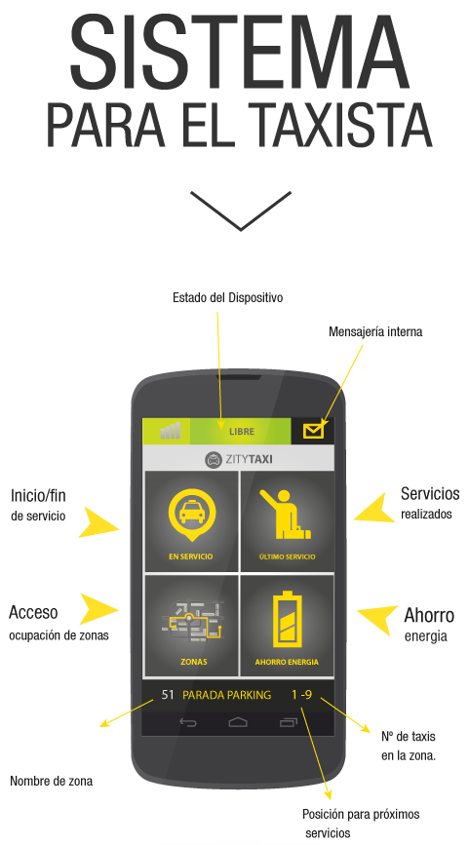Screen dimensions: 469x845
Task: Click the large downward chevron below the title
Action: tap(241, 211)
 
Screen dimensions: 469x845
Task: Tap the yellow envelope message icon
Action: tap(314, 431)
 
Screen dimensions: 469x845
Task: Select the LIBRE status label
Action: tap(241, 432)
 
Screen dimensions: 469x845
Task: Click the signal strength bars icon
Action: tap(171, 431)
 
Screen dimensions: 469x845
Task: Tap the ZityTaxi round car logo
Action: tap(214, 460)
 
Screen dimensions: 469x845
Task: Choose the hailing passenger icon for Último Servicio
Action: tap(285, 515)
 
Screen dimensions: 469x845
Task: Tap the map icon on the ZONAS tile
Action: tap(193, 620)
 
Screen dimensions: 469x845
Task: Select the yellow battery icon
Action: tap(287, 619)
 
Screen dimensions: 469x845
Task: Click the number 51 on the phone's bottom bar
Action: tap(168, 695)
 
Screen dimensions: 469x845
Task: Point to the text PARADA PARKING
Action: tap(227, 695)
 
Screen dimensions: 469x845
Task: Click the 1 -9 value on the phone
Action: tap(301, 695)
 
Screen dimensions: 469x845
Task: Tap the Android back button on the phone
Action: tap(187, 722)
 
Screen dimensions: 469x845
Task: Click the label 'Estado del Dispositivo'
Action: tap(227, 297)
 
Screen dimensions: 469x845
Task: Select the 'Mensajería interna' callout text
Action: tap(375, 332)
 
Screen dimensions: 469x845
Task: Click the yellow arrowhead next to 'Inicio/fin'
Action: tap(99, 522)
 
